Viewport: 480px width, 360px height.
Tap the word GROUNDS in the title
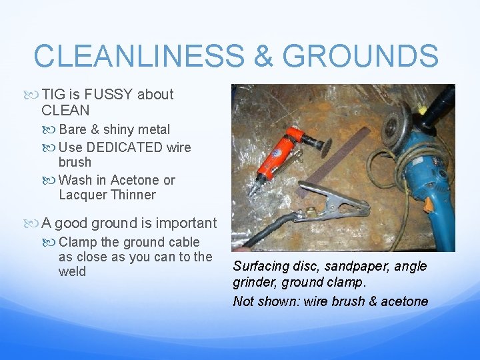[360, 56]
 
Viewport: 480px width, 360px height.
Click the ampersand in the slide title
[264, 56]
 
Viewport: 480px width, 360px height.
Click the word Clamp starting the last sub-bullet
[78, 242]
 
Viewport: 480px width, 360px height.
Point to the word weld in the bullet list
[72, 272]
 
